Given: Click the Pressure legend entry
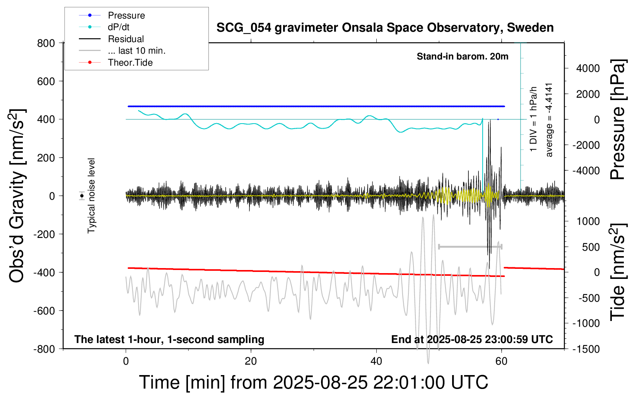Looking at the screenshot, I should pyautogui.click(x=126, y=15).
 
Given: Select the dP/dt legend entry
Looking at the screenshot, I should pyautogui.click(x=118, y=27).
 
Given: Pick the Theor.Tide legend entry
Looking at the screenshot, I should pyautogui.click(x=130, y=63).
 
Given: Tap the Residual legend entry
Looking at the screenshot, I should pyautogui.click(x=126, y=39).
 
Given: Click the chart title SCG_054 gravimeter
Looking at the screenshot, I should pyautogui.click(x=385, y=28).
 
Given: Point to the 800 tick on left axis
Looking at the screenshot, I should pyautogui.click(x=46, y=43).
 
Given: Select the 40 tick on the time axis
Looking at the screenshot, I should pyautogui.click(x=376, y=362).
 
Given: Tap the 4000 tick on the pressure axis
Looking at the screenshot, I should pyautogui.click(x=588, y=68).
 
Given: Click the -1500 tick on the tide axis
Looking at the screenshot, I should pyautogui.click(x=586, y=349).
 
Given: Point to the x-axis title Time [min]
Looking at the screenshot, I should pyautogui.click(x=313, y=382).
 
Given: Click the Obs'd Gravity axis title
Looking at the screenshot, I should pyautogui.click(x=17, y=196).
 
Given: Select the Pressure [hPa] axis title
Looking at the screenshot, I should pyautogui.click(x=618, y=119).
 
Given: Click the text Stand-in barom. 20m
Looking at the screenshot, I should pyautogui.click(x=463, y=56).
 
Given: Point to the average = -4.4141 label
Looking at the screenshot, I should pyautogui.click(x=549, y=120).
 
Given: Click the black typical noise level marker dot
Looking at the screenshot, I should pyautogui.click(x=82, y=196).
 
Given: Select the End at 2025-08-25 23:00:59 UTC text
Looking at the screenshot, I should pyautogui.click(x=472, y=339).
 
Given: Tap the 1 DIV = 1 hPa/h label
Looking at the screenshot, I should pyautogui.click(x=534, y=119).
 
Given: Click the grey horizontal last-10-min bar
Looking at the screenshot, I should pyautogui.click(x=470, y=246).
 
